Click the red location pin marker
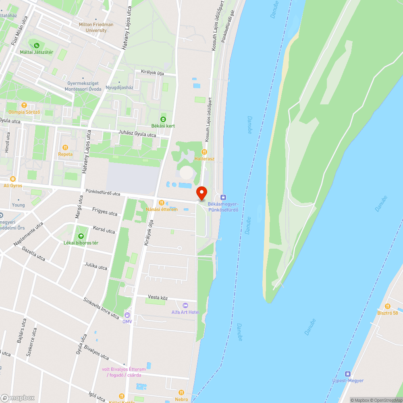[x=201, y=193]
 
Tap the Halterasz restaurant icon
[x=204, y=152]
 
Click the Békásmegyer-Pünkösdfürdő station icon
[x=224, y=197]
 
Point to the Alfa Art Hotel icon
[x=185, y=305]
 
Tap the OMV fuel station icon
[x=127, y=315]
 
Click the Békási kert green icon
[x=163, y=119]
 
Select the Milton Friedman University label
[x=96, y=27]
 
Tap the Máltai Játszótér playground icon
[x=37, y=46]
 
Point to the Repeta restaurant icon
[x=65, y=147]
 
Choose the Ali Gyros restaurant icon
[x=12, y=179]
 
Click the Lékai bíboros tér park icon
[x=81, y=236]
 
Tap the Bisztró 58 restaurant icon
[x=388, y=306]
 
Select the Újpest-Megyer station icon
[x=348, y=374]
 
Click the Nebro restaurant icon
[x=181, y=393]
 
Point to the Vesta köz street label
[x=158, y=298]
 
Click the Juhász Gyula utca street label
[x=137, y=134]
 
